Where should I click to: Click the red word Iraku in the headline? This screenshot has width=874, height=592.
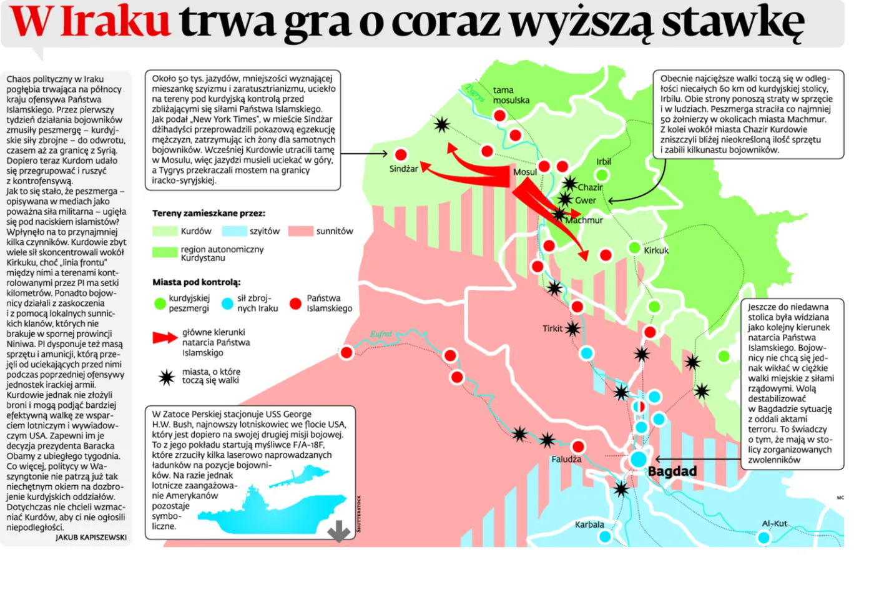(115, 21)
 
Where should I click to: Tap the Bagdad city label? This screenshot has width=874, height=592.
(672, 471)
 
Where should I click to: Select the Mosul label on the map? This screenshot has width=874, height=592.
(524, 172)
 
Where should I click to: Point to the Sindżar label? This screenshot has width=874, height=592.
(403, 169)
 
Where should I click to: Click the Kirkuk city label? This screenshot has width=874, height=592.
(656, 250)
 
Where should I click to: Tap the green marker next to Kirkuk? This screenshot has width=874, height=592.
(634, 248)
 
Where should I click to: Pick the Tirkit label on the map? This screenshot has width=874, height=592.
(552, 328)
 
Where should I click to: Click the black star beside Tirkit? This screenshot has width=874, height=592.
(572, 328)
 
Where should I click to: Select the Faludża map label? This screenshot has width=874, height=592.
(566, 459)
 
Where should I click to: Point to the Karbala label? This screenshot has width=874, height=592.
(589, 525)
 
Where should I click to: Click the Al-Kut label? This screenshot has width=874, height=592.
(774, 523)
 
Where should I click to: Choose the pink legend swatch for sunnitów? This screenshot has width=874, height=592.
(300, 231)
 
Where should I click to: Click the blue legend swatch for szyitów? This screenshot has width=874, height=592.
(234, 231)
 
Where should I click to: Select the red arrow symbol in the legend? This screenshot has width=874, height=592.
(165, 338)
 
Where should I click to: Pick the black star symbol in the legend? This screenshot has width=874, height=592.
(166, 377)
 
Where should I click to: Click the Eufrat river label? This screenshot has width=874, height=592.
(381, 334)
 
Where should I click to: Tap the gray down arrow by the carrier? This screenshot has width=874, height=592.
(339, 531)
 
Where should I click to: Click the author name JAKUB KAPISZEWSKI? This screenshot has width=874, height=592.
(91, 537)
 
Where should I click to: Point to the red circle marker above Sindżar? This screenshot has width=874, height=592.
(401, 154)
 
